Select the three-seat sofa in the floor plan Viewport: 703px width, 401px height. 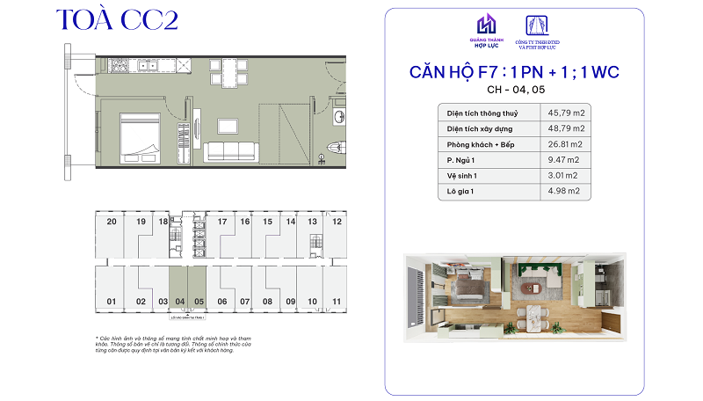pyautogui.click(x=231, y=151)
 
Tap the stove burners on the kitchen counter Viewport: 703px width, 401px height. pyautogui.click(x=140, y=66)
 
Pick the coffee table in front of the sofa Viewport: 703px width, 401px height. pyautogui.click(x=232, y=125)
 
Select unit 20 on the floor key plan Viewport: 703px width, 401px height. pyautogui.click(x=112, y=222)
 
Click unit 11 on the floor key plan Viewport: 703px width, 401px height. pyautogui.click(x=337, y=302)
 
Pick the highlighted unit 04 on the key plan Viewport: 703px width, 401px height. pyautogui.click(x=179, y=302)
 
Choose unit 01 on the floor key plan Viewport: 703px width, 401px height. pyautogui.click(x=112, y=302)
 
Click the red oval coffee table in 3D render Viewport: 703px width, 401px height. pyautogui.click(x=528, y=288)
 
